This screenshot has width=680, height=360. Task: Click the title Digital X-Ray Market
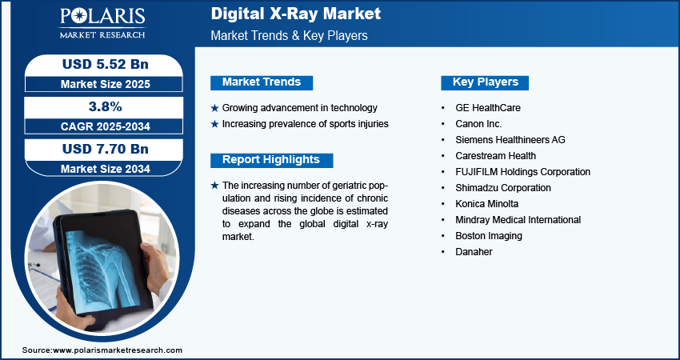296,14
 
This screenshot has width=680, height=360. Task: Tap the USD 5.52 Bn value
106,64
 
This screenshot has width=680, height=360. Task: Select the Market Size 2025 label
106,84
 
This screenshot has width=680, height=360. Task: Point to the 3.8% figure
106,106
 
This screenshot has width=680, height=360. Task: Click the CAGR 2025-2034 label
106,126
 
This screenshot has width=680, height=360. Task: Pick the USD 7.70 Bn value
106,149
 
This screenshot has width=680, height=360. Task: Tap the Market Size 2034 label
106,169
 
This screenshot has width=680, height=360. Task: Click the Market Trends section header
262,82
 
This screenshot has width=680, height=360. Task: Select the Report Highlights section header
271,160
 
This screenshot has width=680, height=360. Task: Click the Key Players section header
485,82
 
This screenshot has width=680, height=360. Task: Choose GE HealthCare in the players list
488,107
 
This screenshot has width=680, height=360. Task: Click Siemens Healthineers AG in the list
510,140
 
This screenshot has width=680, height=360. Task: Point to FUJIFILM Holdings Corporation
522,172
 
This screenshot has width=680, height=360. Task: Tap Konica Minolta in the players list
486,204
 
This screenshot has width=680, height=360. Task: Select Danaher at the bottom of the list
474,252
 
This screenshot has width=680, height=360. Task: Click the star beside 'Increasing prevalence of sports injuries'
214,125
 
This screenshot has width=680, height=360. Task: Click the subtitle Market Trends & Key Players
290,35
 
